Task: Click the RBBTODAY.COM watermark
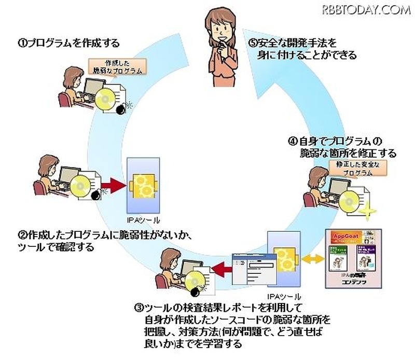(x=366, y=9)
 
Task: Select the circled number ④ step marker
(x=292, y=141)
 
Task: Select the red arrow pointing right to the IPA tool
(x=115, y=185)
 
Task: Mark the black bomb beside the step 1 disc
(x=121, y=108)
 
